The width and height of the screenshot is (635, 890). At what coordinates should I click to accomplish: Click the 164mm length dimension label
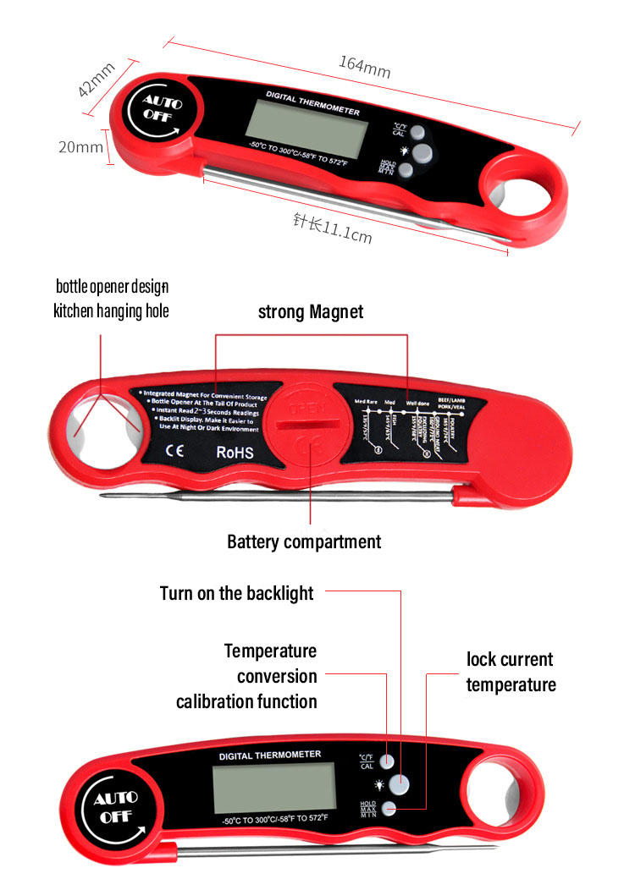364,67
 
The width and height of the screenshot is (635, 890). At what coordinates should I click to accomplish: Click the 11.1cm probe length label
332,228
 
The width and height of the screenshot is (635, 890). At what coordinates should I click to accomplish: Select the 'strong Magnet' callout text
310,312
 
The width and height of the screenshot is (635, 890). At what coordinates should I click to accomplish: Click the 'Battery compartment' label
304,541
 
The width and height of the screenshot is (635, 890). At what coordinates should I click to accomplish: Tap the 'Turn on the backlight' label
236,593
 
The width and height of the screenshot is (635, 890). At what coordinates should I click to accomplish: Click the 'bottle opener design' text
112,287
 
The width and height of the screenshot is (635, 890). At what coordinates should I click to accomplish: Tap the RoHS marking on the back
235,453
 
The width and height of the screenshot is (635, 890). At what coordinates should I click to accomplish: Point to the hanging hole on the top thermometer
516,187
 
